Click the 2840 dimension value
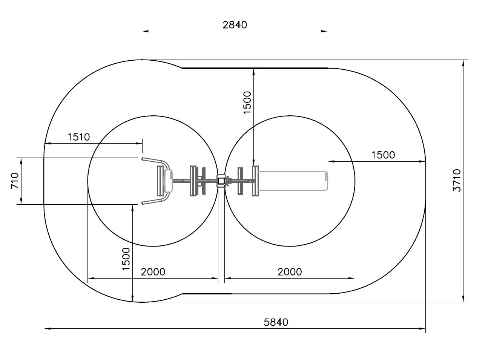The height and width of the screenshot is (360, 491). click(235, 25)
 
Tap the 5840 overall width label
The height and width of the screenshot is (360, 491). click(276, 322)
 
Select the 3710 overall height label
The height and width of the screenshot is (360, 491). click(457, 180)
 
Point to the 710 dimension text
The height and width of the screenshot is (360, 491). click(15, 181)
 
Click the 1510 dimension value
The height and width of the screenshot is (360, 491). click(79, 137)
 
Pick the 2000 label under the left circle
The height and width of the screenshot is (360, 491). click(153, 272)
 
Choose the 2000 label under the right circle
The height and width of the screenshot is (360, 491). click(290, 272)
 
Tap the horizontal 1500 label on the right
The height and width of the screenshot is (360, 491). click(383, 155)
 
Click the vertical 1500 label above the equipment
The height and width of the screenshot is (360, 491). click(247, 103)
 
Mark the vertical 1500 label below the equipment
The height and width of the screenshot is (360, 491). click(126, 259)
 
